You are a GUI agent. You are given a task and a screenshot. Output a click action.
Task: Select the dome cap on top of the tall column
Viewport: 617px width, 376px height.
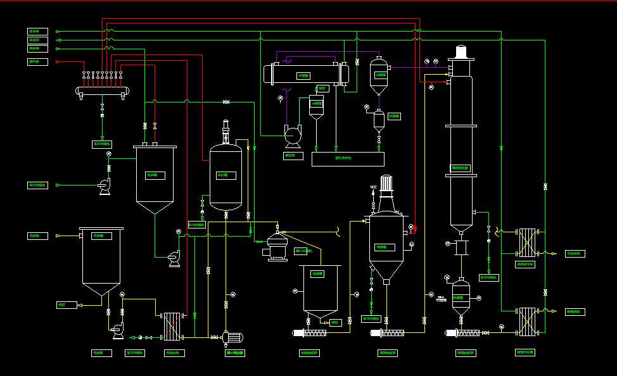point(461,51)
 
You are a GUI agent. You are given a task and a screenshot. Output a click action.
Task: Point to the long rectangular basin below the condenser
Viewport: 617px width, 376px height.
point(347,158)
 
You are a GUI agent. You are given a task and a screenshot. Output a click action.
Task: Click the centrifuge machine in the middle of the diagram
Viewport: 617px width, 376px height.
point(277,246)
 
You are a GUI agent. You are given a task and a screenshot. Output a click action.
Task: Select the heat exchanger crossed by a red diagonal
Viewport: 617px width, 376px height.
point(171,325)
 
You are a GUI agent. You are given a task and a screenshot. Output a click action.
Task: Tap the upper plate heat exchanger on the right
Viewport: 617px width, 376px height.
point(526,242)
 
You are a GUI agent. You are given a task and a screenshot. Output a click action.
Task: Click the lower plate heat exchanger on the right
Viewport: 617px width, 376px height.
point(526,322)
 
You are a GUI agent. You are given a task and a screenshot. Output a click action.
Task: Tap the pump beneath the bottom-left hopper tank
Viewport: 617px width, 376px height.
point(116,328)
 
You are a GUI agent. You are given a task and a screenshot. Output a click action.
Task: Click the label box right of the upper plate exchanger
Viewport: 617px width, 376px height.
point(575,254)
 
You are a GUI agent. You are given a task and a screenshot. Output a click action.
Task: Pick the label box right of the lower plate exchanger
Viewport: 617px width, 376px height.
point(575,311)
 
